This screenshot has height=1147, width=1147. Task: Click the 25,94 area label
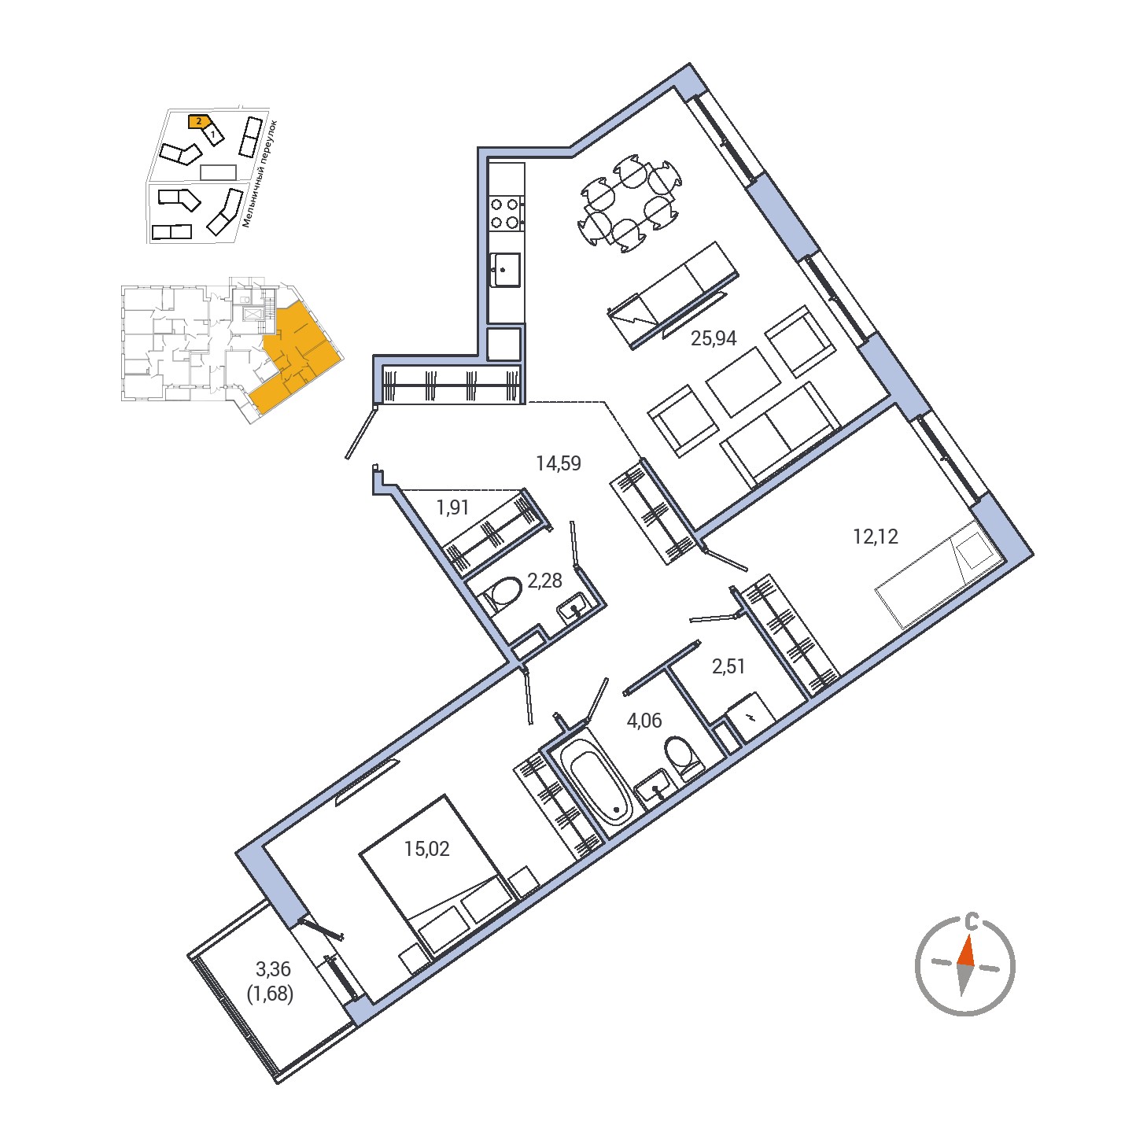tap(713, 339)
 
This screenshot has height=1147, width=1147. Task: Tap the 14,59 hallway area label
tap(558, 463)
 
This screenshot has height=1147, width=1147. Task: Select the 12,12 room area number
tap(875, 537)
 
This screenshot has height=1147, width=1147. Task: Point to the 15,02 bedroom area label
tap(426, 849)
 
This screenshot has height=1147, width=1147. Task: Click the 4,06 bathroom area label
tap(644, 721)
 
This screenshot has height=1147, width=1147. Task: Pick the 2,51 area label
tap(728, 666)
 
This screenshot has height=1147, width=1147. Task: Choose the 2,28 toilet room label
tap(544, 581)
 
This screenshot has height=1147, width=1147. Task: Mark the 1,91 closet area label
tap(452, 507)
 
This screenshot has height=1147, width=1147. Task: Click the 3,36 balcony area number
tap(273, 970)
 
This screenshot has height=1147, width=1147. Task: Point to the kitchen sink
tap(505, 270)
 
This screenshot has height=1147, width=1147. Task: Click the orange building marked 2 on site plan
tap(199, 121)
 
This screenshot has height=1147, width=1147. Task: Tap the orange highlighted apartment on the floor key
tap(296, 362)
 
